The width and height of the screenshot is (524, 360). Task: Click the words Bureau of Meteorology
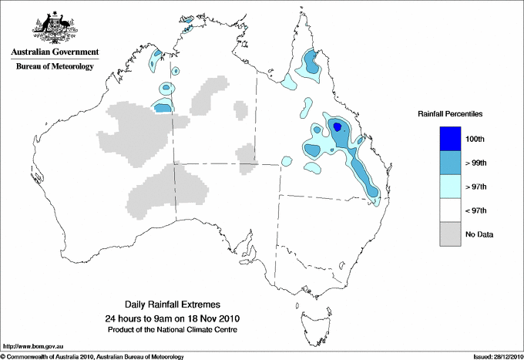[x=54, y=67]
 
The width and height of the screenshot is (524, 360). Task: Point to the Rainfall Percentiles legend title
[x=450, y=114]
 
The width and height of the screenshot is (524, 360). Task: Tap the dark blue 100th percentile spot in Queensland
[x=336, y=126]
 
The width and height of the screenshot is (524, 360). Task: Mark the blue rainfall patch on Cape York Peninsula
[x=311, y=62]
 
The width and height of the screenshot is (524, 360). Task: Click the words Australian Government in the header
[x=54, y=52]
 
